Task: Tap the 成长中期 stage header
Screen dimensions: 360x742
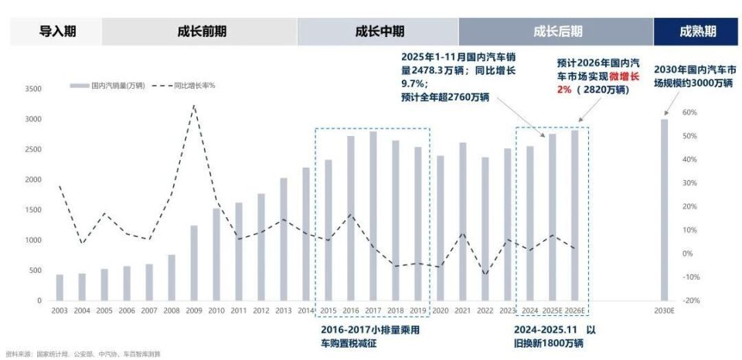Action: click(x=380, y=32)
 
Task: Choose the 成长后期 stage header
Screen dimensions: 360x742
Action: click(x=557, y=32)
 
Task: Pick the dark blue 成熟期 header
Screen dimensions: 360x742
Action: click(x=697, y=32)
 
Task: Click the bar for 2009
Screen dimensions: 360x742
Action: click(x=194, y=263)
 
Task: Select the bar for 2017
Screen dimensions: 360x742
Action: click(x=373, y=216)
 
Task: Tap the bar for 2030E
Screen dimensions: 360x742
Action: click(x=664, y=209)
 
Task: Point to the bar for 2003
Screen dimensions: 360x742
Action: click(x=60, y=287)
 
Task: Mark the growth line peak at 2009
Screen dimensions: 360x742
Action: click(x=194, y=106)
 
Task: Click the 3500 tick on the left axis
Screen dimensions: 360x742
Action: click(x=32, y=89)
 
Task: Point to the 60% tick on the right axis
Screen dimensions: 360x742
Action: click(x=690, y=113)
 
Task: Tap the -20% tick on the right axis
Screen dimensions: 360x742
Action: click(x=690, y=301)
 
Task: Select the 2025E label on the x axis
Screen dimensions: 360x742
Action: click(x=552, y=311)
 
